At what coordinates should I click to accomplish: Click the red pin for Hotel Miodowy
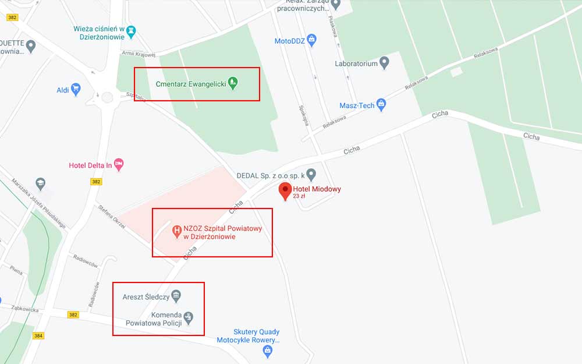(285, 190)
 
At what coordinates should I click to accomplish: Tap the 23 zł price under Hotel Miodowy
(299, 196)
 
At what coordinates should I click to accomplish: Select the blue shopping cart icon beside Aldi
(76, 89)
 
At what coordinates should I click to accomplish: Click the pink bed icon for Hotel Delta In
(119, 165)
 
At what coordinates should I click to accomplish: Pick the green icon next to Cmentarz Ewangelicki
(233, 83)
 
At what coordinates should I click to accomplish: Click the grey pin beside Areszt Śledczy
(177, 297)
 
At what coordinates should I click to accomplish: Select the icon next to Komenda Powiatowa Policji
(189, 318)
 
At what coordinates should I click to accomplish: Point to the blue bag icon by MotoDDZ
(312, 40)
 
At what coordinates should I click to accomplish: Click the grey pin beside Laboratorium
(384, 63)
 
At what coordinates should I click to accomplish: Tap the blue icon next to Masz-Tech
(381, 105)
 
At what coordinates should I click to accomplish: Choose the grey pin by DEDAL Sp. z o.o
(311, 174)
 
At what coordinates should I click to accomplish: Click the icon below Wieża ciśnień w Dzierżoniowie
(131, 30)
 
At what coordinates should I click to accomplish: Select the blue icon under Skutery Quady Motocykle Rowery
(267, 350)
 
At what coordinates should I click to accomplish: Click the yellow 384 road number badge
(39, 335)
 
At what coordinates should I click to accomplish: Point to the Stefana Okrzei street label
(112, 217)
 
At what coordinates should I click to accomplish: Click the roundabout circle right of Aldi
(107, 97)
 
